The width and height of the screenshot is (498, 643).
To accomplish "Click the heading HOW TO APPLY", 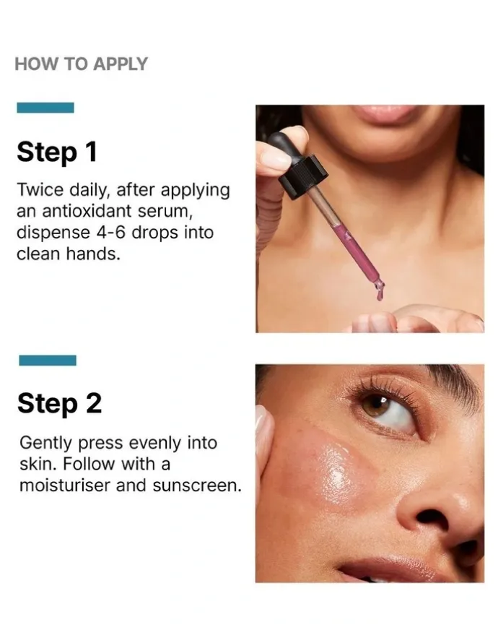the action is point(81,64).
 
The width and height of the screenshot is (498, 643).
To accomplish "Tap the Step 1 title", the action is point(57,152).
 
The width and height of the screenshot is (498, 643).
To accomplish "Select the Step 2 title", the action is point(59,404).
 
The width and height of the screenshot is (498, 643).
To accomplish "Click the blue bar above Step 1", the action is point(45,108).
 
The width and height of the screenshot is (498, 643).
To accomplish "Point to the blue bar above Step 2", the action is point(48,360).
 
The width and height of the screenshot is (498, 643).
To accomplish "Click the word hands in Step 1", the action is point(93,254).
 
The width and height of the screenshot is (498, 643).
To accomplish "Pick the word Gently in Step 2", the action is point(45,444).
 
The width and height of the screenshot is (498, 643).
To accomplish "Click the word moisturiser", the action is point(65,486).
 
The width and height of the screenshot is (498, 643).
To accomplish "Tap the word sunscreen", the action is point(197,486).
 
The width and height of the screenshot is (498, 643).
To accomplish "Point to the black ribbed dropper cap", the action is point(303,176).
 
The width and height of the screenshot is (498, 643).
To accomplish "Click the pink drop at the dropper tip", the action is point(380,292).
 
